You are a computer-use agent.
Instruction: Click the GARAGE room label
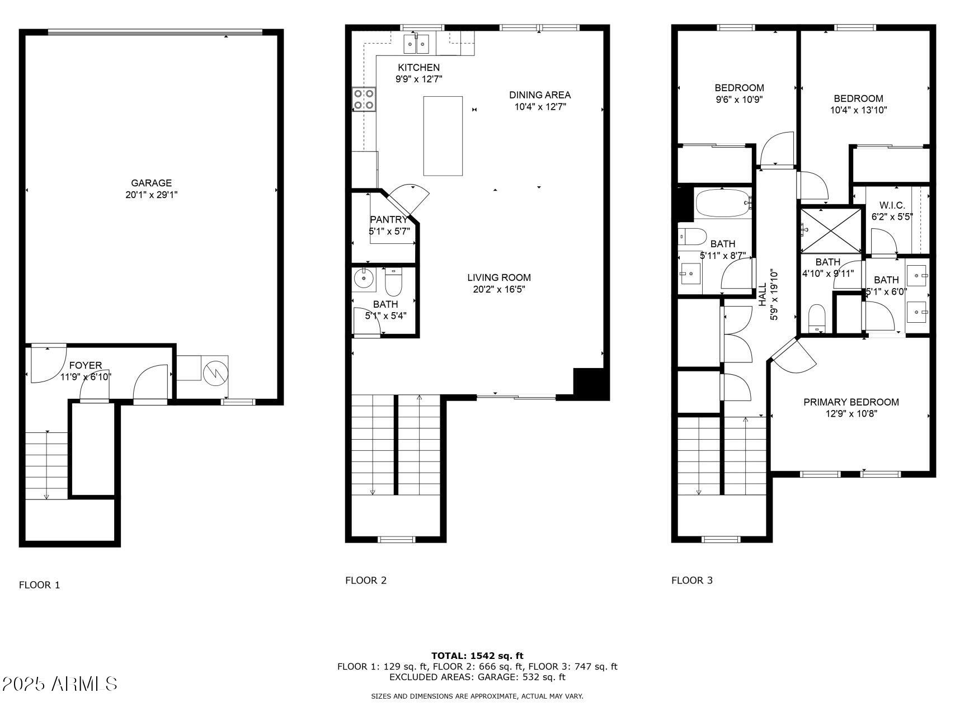tap(151, 183)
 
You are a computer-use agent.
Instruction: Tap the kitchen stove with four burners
tap(364, 100)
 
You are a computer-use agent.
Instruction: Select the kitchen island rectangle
tap(443, 136)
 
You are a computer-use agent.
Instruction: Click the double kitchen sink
tap(416, 43)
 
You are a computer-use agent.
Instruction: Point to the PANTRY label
tap(389, 220)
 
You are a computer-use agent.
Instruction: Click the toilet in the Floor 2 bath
tap(393, 283)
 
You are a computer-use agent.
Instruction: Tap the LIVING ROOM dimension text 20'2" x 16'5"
tap(498, 289)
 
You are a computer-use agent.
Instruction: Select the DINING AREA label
tap(539, 95)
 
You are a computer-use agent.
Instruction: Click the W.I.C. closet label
tap(892, 205)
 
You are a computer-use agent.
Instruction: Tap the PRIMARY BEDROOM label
tap(851, 402)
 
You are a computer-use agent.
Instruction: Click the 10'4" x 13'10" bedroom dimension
tap(858, 110)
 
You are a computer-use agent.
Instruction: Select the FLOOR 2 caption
tap(365, 580)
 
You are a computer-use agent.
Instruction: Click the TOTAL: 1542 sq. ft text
tap(477, 656)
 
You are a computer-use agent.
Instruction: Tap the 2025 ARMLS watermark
tap(59, 684)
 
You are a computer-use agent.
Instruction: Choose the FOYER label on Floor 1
tap(86, 365)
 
